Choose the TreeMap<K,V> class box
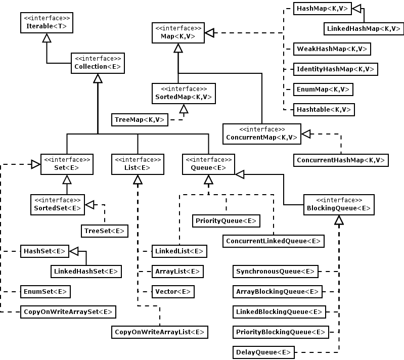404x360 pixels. (140, 120)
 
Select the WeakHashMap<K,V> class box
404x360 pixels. (332, 49)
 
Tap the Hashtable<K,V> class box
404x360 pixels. (324, 110)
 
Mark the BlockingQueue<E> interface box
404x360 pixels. (339, 204)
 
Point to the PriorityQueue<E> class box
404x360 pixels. (226, 221)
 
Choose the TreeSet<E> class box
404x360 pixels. (104, 231)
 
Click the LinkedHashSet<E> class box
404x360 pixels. (86, 272)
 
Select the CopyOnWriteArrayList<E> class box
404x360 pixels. (160, 332)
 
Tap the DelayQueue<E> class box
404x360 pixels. (263, 352)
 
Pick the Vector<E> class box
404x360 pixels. (173, 292)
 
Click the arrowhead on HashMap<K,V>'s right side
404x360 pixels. (343, 9)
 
